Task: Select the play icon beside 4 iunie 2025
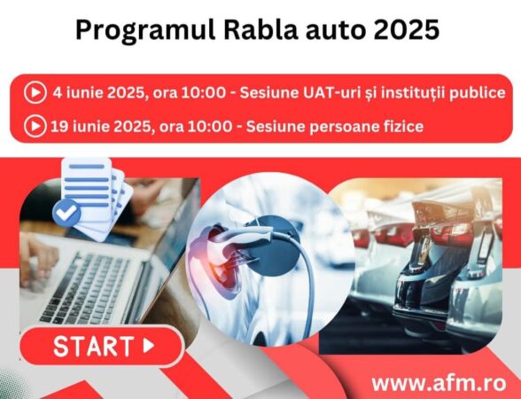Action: pos(35,91)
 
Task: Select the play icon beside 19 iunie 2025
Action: pos(35,126)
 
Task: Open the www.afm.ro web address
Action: pos(439,383)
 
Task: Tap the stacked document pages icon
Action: pos(96,191)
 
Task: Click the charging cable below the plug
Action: pos(306,301)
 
